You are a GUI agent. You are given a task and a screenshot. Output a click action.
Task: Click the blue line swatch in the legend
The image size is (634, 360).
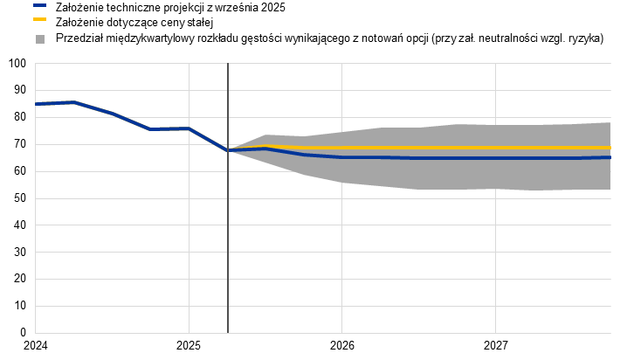tap(39, 5)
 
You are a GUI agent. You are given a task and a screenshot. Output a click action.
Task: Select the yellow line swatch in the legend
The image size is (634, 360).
tap(39, 18)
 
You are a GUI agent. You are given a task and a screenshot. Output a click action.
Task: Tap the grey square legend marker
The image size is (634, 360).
tap(39, 39)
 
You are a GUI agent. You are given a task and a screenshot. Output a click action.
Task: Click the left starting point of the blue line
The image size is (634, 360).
tap(36, 104)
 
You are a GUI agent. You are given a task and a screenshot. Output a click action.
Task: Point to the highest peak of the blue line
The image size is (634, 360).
tap(72, 102)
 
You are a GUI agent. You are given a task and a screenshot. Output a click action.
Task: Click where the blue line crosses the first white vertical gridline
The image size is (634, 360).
tap(189, 129)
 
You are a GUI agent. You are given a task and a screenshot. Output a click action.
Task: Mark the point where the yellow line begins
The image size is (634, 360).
tap(228, 149)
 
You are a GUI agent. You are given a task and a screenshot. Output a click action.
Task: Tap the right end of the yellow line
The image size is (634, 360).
tap(610, 149)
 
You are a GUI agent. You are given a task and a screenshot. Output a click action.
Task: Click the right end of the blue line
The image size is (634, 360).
tap(610, 157)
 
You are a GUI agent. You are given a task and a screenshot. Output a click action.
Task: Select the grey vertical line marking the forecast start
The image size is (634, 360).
tap(228, 236)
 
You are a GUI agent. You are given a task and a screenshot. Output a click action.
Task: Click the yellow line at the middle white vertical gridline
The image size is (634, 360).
tap(341, 149)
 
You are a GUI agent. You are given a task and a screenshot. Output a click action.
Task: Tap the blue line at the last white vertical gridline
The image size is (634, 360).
tap(495, 158)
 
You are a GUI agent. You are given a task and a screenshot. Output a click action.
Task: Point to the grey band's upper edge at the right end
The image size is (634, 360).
tap(610, 122)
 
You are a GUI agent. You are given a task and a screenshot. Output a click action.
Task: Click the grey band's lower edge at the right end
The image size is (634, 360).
tap(610, 189)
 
